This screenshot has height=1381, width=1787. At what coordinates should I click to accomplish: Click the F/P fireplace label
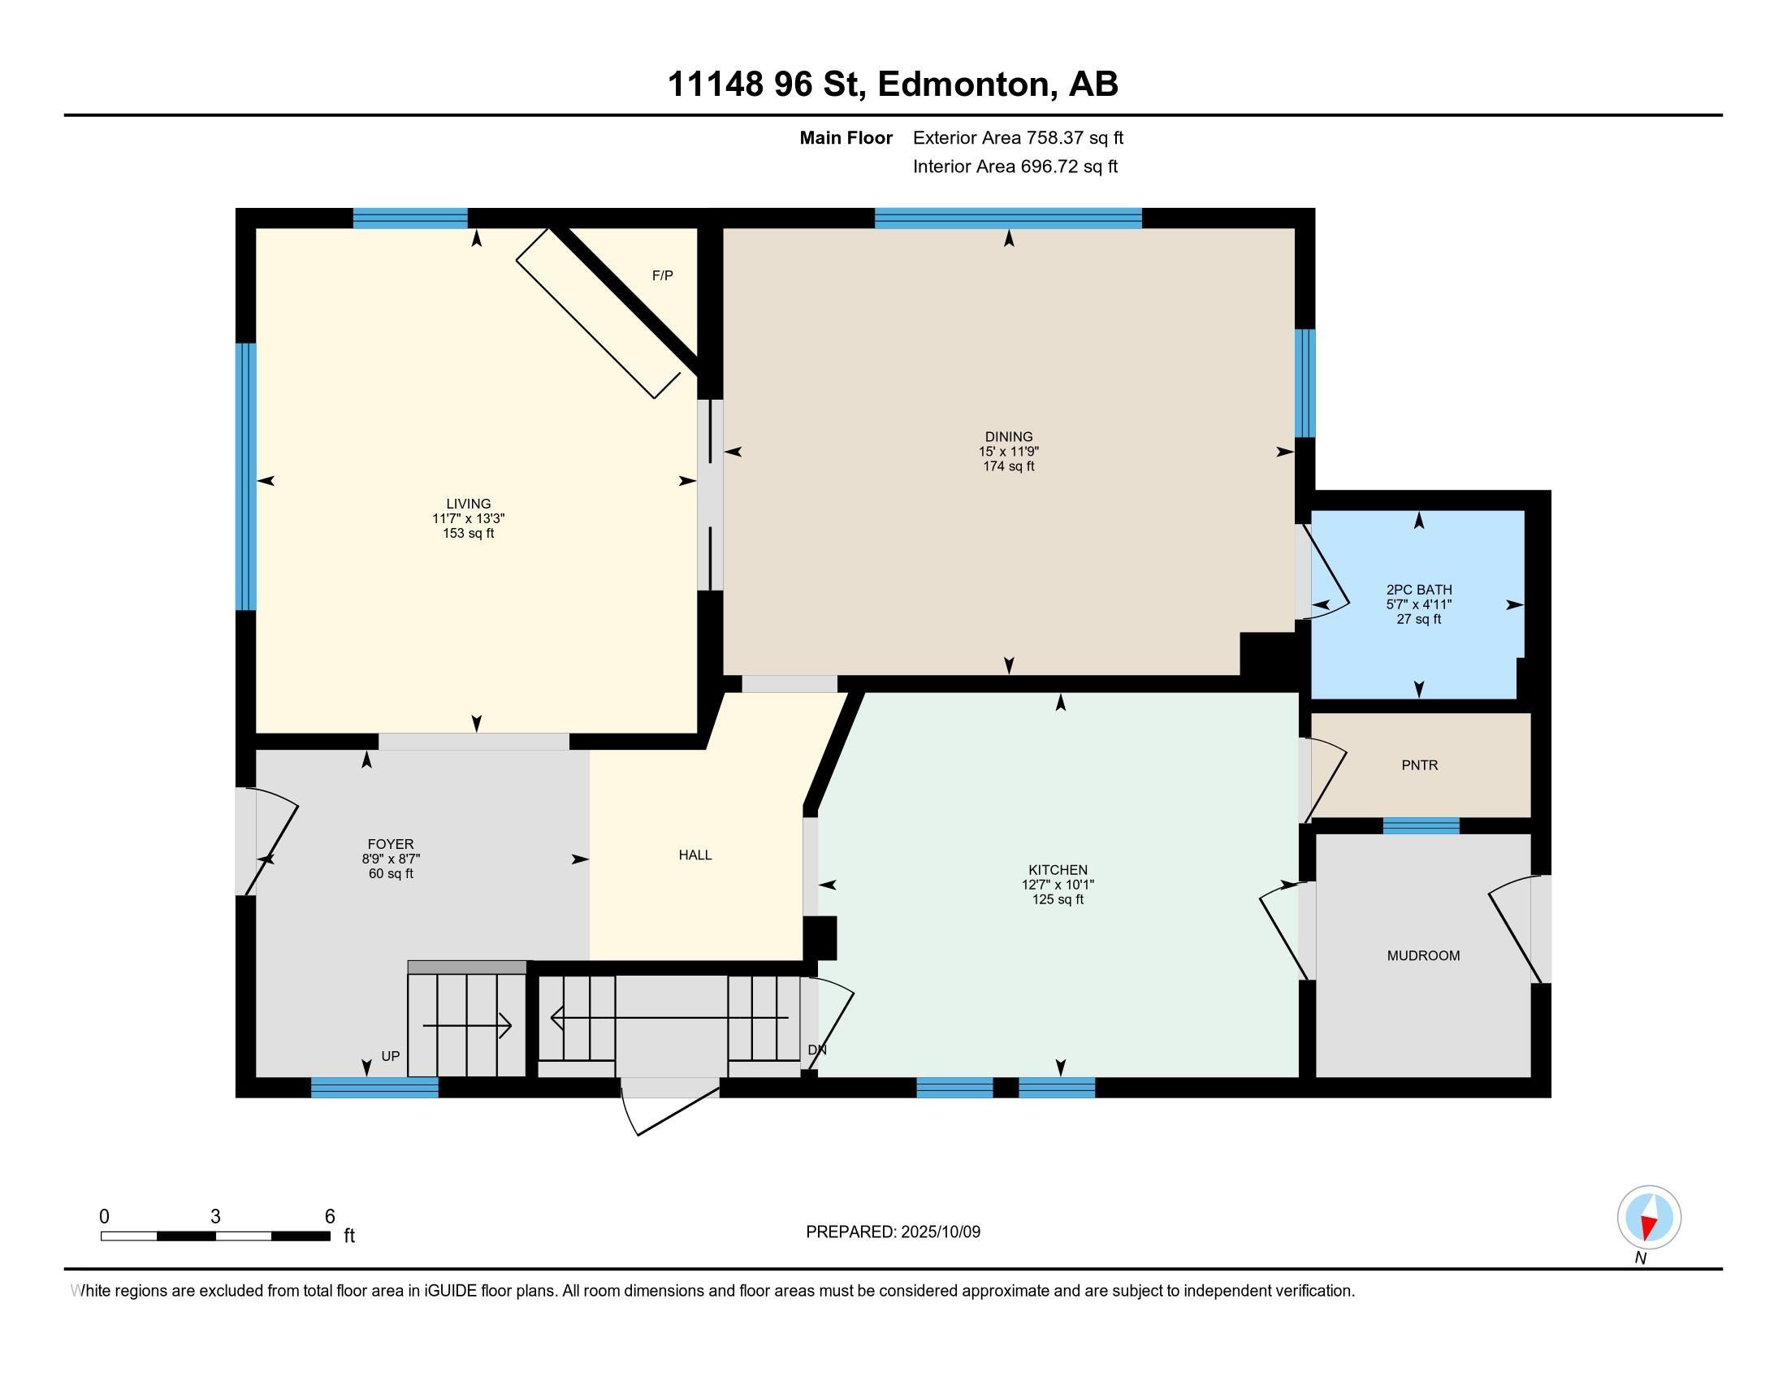[x=662, y=275]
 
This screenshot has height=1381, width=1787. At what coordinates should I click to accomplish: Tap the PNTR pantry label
[x=1420, y=765]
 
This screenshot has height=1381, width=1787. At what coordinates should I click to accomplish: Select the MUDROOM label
[x=1423, y=955]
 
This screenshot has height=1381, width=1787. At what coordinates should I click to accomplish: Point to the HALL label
[x=695, y=855]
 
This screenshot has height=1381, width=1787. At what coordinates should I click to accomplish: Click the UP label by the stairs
[x=390, y=1056]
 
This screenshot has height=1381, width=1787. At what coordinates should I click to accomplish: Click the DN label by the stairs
[x=817, y=1050]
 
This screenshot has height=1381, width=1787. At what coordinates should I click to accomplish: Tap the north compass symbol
[x=1649, y=1217]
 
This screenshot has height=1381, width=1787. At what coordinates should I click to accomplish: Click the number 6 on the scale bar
[x=330, y=1216]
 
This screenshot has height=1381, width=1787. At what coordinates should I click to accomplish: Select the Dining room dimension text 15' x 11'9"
[x=1009, y=452]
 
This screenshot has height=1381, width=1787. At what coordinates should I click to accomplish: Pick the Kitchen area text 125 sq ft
[x=1058, y=899]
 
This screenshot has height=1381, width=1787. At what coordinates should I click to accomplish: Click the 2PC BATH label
[x=1419, y=589]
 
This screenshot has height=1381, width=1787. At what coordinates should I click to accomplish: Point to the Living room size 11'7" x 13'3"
[x=469, y=519]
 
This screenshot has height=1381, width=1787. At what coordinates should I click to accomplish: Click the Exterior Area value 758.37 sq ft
[x=1075, y=137]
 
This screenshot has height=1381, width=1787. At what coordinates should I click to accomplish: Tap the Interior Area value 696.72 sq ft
[x=1069, y=166]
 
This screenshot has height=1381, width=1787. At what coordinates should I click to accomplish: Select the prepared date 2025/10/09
[x=941, y=1232]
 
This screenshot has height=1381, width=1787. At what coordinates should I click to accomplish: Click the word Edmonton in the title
[x=964, y=84]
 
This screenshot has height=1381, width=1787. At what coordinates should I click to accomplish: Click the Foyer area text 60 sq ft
[x=392, y=873]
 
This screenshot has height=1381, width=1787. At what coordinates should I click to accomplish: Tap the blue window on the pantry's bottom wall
[x=1421, y=825]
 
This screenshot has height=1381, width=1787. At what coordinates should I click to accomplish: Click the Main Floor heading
[x=846, y=137]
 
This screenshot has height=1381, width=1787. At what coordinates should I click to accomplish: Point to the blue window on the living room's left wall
[x=245, y=476]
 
